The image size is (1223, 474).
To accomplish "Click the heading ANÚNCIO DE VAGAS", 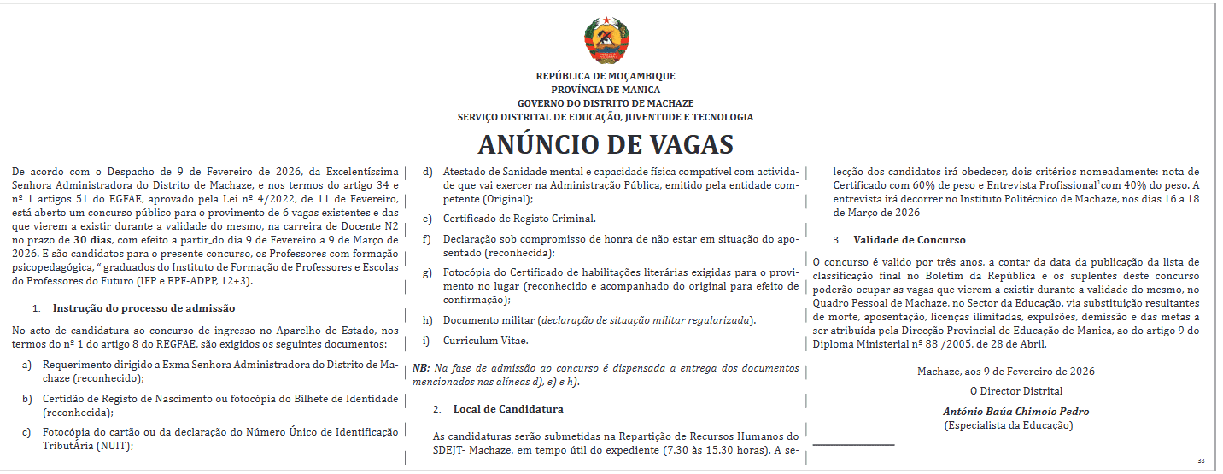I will (x=605, y=143).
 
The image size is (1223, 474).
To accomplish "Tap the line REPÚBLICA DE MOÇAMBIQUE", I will (x=605, y=76).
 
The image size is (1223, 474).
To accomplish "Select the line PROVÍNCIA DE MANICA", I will (x=605, y=90).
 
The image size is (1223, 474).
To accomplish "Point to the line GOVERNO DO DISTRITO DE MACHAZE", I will (x=605, y=103).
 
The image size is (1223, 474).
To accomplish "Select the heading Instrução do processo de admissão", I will (x=143, y=307).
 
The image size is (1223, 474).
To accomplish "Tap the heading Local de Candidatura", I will (x=508, y=409).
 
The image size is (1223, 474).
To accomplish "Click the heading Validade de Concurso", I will (x=910, y=240).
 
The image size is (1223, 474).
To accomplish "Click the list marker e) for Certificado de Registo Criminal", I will (x=427, y=219).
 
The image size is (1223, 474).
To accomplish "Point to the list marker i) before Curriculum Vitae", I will (x=426, y=342).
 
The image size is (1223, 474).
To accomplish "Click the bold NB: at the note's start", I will (x=421, y=368).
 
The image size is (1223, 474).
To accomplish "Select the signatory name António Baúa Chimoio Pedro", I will (x=1015, y=412).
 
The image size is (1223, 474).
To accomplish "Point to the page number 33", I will (x=1201, y=461).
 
